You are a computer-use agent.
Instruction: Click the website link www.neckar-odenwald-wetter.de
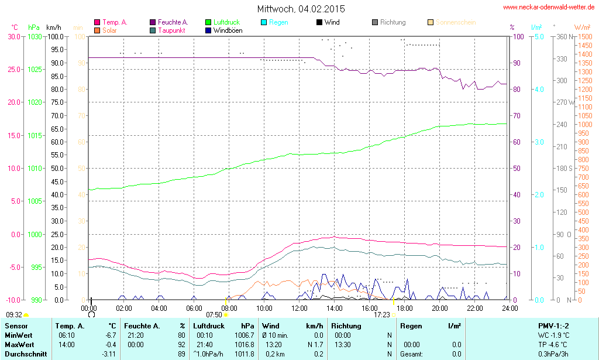tap(549, 8)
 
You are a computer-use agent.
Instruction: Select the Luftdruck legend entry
tap(226, 22)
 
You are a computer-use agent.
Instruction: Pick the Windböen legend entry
tap(228, 30)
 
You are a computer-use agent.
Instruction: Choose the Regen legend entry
tap(278, 22)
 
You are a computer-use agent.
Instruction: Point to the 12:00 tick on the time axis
tap(299, 308)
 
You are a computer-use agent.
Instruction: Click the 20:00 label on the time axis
tap(440, 308)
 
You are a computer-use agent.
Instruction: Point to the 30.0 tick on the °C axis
tap(13, 36)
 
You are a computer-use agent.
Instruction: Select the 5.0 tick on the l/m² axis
tap(539, 36)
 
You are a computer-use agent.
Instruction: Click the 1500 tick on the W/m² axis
tap(584, 36)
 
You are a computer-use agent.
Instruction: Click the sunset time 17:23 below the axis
tap(381, 314)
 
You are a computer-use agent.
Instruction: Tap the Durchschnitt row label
tap(26, 354)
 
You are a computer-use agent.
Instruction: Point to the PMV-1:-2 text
tap(553, 326)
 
